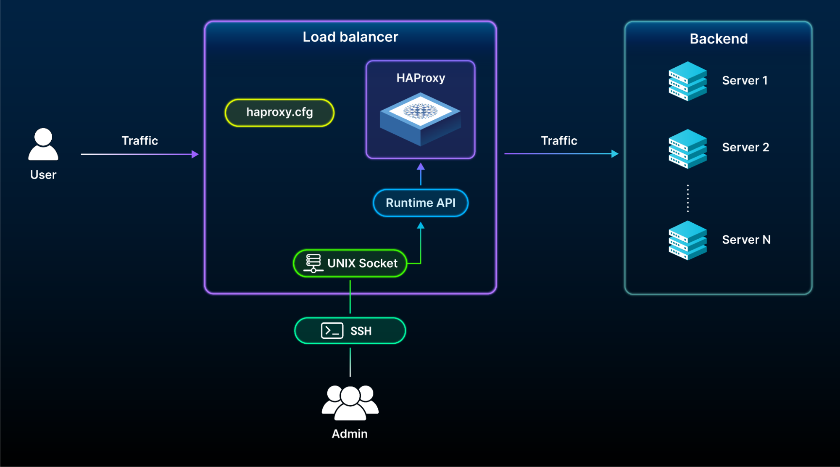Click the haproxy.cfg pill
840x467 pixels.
[x=279, y=113]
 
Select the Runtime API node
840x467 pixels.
[x=421, y=203]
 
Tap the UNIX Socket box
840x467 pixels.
[x=350, y=264]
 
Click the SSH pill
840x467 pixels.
[x=350, y=331]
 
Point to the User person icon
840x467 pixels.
[x=43, y=144]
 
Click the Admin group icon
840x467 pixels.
[x=350, y=403]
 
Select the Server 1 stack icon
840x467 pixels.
[x=687, y=81]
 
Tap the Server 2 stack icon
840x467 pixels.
[x=687, y=149]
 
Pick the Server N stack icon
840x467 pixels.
[x=687, y=240]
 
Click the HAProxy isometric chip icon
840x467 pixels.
[x=420, y=119]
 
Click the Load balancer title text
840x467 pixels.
[x=350, y=37]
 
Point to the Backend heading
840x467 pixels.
[x=719, y=39]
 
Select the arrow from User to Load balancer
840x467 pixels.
[x=140, y=154]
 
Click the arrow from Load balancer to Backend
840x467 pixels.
[x=561, y=154]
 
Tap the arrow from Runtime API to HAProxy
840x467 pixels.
[x=421, y=174]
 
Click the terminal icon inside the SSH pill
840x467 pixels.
[x=332, y=331]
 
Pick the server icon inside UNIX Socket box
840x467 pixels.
[x=313, y=264]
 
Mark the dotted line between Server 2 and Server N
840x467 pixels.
[x=687, y=198]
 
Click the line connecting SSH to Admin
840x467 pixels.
[x=350, y=362]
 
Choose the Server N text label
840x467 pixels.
[x=746, y=240]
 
